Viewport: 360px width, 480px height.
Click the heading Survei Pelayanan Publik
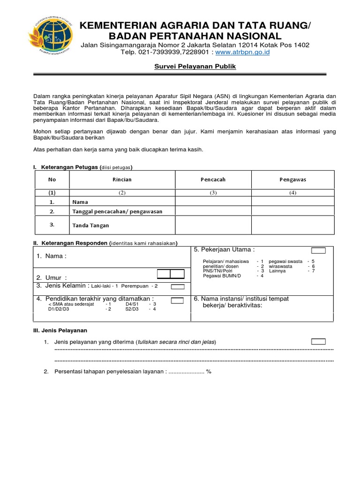pyautogui.click(x=195, y=67)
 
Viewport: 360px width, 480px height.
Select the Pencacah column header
pyautogui.click(x=213, y=180)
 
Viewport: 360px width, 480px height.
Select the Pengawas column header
pyautogui.click(x=292, y=180)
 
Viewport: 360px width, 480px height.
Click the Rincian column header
pyautogui.click(x=122, y=180)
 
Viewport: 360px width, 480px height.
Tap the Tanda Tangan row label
pyautogui.click(x=90, y=225)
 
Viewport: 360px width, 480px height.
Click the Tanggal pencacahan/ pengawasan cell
pyautogui.click(x=117, y=211)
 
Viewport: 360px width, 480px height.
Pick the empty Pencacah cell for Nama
pyautogui.click(x=213, y=202)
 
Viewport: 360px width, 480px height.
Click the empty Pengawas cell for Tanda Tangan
pyautogui.click(x=292, y=225)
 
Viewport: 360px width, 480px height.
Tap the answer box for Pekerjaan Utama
pyautogui.click(x=319, y=251)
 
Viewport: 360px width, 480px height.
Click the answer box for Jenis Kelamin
pyautogui.click(x=178, y=286)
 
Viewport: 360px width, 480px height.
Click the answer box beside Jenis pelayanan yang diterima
pyautogui.click(x=319, y=341)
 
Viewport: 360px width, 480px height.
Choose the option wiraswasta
pyautogui.click(x=280, y=266)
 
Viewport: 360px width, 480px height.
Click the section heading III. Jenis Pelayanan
pyautogui.click(x=60, y=330)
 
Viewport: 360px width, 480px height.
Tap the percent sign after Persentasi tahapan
pyautogui.click(x=209, y=371)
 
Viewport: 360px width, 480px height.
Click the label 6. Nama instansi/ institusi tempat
pyautogui.click(x=241, y=299)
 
